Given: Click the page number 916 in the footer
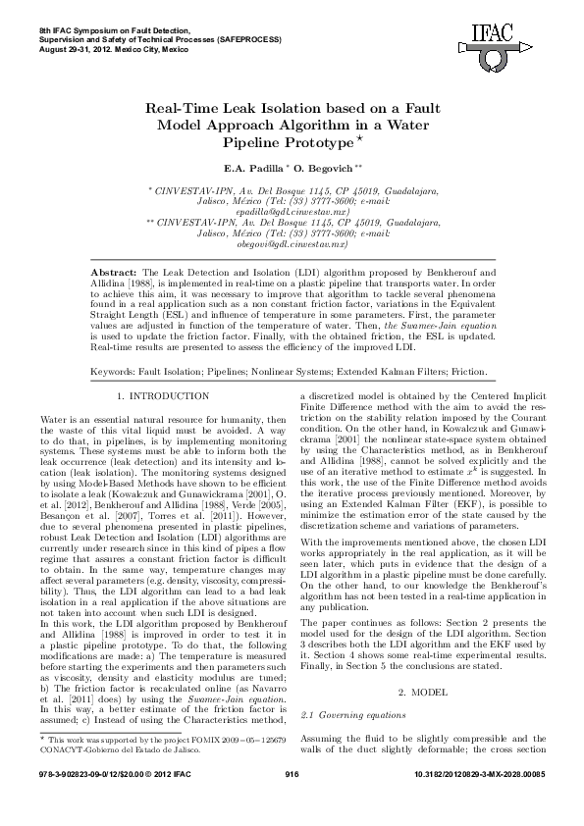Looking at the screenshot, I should click(292, 801).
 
